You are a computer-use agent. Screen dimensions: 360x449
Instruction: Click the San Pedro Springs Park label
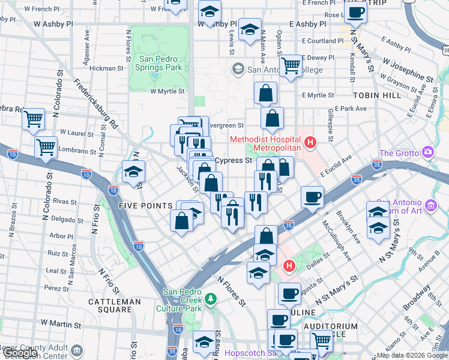pyautogui.click(x=160, y=63)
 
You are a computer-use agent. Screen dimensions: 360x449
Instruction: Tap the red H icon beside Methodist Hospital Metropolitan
pyautogui.click(x=310, y=143)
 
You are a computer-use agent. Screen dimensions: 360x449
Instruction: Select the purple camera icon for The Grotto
pyautogui.click(x=427, y=153)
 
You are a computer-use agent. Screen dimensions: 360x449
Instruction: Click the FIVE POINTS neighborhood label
pyautogui.click(x=146, y=206)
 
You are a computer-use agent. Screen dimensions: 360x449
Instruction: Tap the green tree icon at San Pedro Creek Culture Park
pyautogui.click(x=209, y=298)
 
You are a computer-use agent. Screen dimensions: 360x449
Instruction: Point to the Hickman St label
pyautogui.click(x=106, y=68)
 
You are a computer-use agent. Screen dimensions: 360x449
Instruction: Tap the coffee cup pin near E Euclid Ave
pyautogui.click(x=312, y=196)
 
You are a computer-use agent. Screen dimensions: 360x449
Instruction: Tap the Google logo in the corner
pyautogui.click(x=20, y=353)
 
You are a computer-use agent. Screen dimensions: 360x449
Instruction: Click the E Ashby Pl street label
pyautogui.click(x=307, y=24)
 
